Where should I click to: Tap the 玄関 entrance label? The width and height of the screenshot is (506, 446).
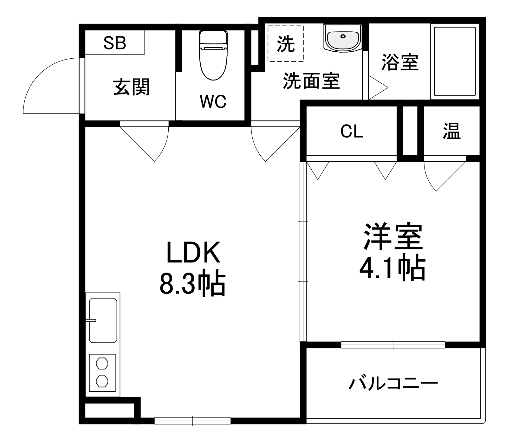click(x=131, y=87)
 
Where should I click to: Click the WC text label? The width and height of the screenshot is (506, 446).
click(x=213, y=101)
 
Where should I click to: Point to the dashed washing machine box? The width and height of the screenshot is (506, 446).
click(x=286, y=43)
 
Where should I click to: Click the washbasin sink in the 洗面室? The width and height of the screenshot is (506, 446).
click(x=343, y=38)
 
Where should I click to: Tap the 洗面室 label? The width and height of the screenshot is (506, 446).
click(x=311, y=81)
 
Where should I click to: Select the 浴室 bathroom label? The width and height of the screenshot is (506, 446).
click(x=400, y=62)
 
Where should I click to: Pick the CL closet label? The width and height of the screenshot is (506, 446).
click(x=352, y=131)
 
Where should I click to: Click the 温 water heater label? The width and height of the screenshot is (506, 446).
click(x=451, y=131)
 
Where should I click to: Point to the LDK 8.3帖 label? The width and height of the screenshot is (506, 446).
click(x=192, y=268)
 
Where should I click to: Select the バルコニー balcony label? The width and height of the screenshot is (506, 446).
click(x=393, y=384)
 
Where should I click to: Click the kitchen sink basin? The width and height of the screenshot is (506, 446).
click(x=103, y=320)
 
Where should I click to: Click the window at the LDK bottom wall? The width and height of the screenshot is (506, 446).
click(x=192, y=421)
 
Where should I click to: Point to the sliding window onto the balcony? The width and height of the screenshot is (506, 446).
click(x=393, y=345)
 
